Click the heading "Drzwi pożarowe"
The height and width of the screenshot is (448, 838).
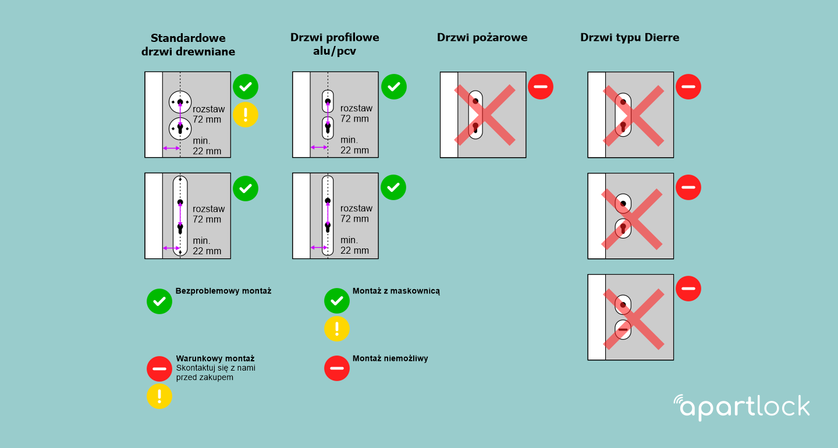tap(482, 38)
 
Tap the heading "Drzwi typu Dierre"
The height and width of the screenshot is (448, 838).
tap(629, 38)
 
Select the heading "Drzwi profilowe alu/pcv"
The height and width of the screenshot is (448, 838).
tap(335, 44)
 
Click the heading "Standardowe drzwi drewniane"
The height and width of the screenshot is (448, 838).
tap(188, 45)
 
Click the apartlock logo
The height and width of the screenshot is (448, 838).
tap(741, 407)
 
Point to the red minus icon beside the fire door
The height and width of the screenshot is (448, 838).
tap(541, 87)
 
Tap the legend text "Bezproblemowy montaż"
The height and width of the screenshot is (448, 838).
tap(223, 291)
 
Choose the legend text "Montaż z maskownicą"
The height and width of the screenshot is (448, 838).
tap(396, 291)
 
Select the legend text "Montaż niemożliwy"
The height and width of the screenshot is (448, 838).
tap(390, 358)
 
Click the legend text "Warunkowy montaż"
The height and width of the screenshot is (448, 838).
tap(215, 358)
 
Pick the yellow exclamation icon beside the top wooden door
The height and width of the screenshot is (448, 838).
tap(246, 115)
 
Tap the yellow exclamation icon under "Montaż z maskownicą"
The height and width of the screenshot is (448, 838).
tap(337, 328)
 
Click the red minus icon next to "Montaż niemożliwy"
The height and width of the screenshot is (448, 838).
tap(337, 368)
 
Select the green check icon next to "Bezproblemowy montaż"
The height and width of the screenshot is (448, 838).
tap(159, 301)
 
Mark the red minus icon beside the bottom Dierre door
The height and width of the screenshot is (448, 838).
tap(688, 289)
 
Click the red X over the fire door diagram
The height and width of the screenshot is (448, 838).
tap(484, 115)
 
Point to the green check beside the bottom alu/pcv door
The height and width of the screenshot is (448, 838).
tap(393, 187)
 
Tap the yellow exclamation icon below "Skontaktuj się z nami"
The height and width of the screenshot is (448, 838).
tap(159, 396)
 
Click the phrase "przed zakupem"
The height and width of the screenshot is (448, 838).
tap(204, 377)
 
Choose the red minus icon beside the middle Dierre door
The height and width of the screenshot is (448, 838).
tap(688, 187)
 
